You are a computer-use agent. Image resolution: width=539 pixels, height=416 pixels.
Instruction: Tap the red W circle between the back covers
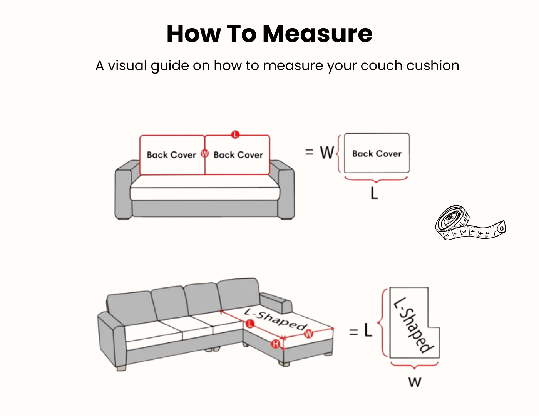pos(205,154)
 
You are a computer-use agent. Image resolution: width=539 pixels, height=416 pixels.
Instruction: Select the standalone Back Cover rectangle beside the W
pos(377,153)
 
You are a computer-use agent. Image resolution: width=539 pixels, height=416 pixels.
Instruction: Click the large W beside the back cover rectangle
pos(327,152)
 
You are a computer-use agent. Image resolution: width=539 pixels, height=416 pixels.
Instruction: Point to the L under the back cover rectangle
pos(374,193)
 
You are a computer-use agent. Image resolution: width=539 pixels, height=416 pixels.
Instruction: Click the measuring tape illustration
pos(470,223)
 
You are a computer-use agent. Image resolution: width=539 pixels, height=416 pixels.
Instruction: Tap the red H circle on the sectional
pos(275,344)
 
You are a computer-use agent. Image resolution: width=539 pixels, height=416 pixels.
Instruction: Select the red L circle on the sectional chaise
pos(250,324)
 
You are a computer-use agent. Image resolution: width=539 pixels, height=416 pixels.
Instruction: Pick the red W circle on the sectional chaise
pos(308,334)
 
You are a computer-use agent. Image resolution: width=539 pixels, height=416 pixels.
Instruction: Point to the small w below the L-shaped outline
pos(415,382)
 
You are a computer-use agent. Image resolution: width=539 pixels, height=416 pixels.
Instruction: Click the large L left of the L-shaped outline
pos(368,330)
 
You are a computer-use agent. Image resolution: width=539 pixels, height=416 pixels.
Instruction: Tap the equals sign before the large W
pos(309,152)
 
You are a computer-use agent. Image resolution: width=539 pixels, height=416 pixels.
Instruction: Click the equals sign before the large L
pos(353,332)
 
